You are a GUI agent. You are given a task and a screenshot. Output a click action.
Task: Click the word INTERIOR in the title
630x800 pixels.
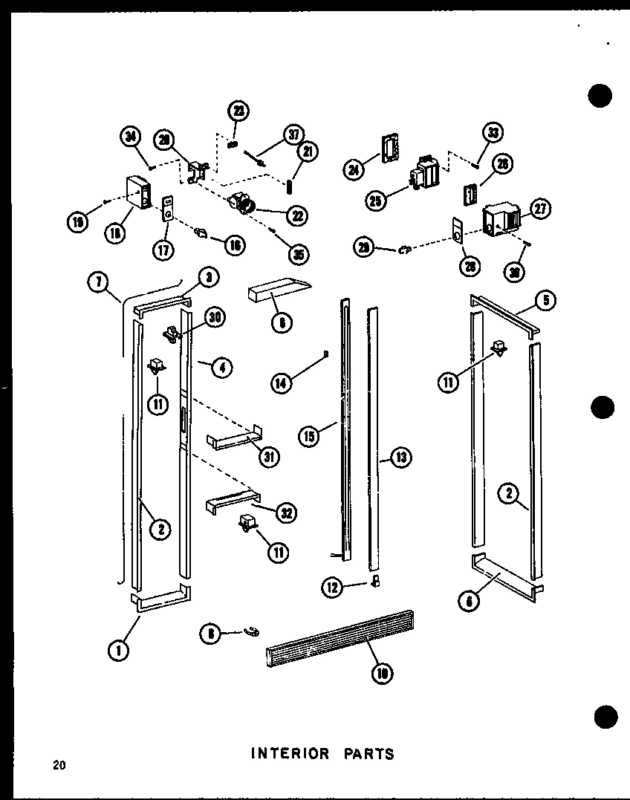coord(290,753)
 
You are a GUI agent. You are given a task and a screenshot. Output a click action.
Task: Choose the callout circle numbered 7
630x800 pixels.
coord(98,283)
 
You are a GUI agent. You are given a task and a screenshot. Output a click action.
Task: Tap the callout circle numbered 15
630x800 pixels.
coord(309,436)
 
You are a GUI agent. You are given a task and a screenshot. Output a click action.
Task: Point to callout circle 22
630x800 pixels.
coord(297,215)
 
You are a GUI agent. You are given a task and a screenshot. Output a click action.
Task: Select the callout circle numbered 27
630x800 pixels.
coord(540,210)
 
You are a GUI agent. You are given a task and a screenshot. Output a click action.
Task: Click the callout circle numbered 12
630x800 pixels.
coord(331,587)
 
